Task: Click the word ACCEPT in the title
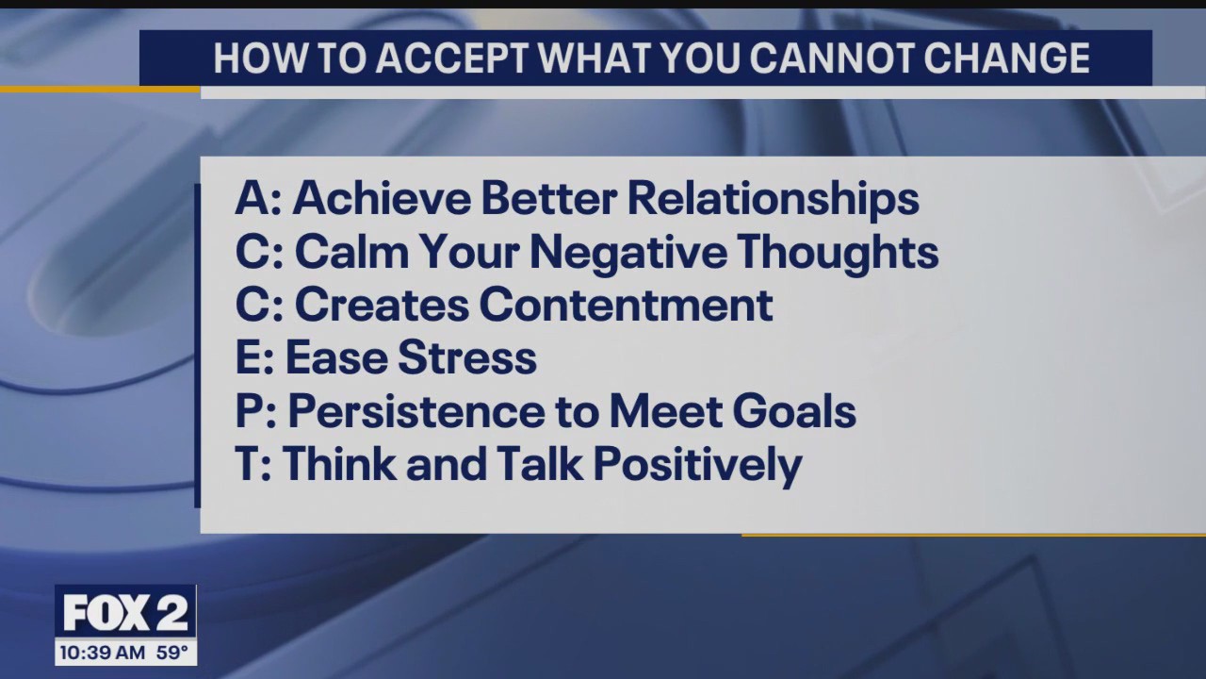[x=455, y=58]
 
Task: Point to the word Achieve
[x=381, y=199]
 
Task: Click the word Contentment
[x=626, y=306]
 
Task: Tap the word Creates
[x=381, y=306]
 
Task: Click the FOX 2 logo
[x=125, y=614]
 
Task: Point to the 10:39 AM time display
[x=102, y=653]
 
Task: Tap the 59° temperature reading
[x=171, y=653]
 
